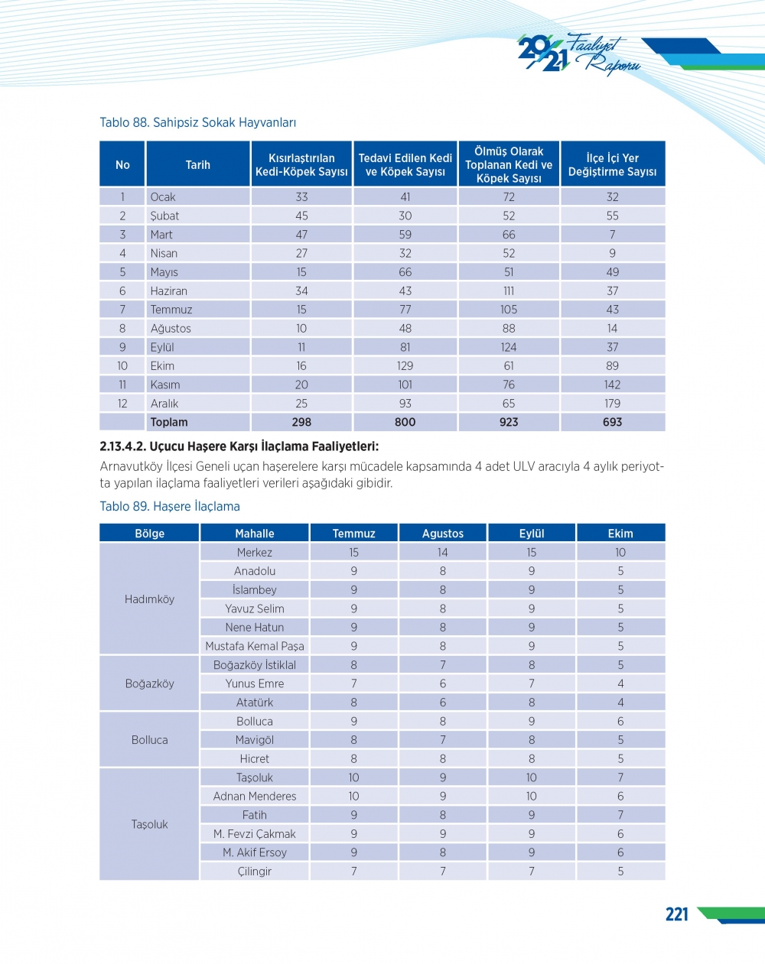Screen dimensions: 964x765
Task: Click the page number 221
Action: (677, 914)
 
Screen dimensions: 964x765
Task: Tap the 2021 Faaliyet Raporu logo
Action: (578, 54)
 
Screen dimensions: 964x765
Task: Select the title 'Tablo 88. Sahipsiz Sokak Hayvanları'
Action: (197, 122)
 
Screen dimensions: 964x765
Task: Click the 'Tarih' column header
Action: (197, 164)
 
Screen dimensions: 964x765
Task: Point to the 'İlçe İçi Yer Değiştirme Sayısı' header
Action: (612, 164)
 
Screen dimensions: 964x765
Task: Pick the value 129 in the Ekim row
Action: (405, 366)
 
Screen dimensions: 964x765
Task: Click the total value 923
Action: (509, 422)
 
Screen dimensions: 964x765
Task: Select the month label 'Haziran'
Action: (169, 291)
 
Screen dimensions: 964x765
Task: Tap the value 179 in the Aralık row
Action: (612, 404)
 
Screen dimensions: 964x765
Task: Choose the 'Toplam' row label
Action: (169, 422)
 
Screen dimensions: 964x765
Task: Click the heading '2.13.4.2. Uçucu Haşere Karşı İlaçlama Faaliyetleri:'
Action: (239, 446)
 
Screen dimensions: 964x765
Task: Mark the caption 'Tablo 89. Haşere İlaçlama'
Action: (170, 506)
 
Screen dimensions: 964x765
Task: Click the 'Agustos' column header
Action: (443, 534)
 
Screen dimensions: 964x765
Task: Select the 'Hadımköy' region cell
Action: (149, 599)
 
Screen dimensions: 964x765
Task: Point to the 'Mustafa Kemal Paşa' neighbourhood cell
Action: (255, 646)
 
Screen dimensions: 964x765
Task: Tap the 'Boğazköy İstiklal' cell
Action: (255, 665)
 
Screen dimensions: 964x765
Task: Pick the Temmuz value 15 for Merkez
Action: (353, 553)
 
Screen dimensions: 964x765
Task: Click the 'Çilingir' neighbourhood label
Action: (255, 871)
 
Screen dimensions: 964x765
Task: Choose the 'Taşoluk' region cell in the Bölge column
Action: (149, 824)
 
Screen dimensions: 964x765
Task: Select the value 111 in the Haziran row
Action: (509, 291)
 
